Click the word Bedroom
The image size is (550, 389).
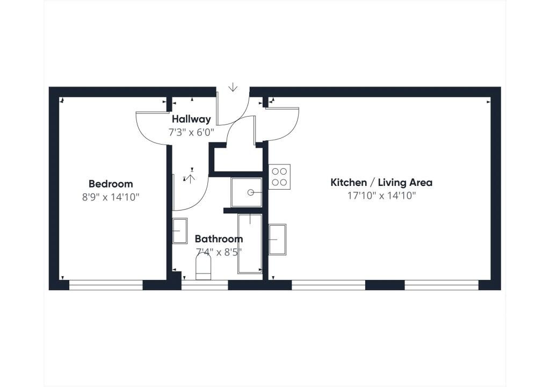[x=111, y=184]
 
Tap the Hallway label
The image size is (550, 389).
[x=191, y=119]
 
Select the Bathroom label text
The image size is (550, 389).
[x=219, y=239]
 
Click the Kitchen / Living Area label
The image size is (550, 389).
[x=381, y=183]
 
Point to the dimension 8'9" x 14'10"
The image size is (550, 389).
[x=111, y=197]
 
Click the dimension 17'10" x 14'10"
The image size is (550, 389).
[x=381, y=196]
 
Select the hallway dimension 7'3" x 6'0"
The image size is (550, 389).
[x=191, y=131]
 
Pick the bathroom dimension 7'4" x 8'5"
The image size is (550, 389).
[x=219, y=251]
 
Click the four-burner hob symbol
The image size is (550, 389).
[x=279, y=177]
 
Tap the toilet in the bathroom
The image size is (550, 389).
[x=203, y=266]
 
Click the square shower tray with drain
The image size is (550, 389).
[x=247, y=192]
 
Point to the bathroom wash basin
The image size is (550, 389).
[x=179, y=230]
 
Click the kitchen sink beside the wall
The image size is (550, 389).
[x=277, y=239]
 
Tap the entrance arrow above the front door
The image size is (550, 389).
[x=233, y=87]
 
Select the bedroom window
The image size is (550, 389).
[x=106, y=286]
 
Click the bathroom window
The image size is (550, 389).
[x=205, y=286]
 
